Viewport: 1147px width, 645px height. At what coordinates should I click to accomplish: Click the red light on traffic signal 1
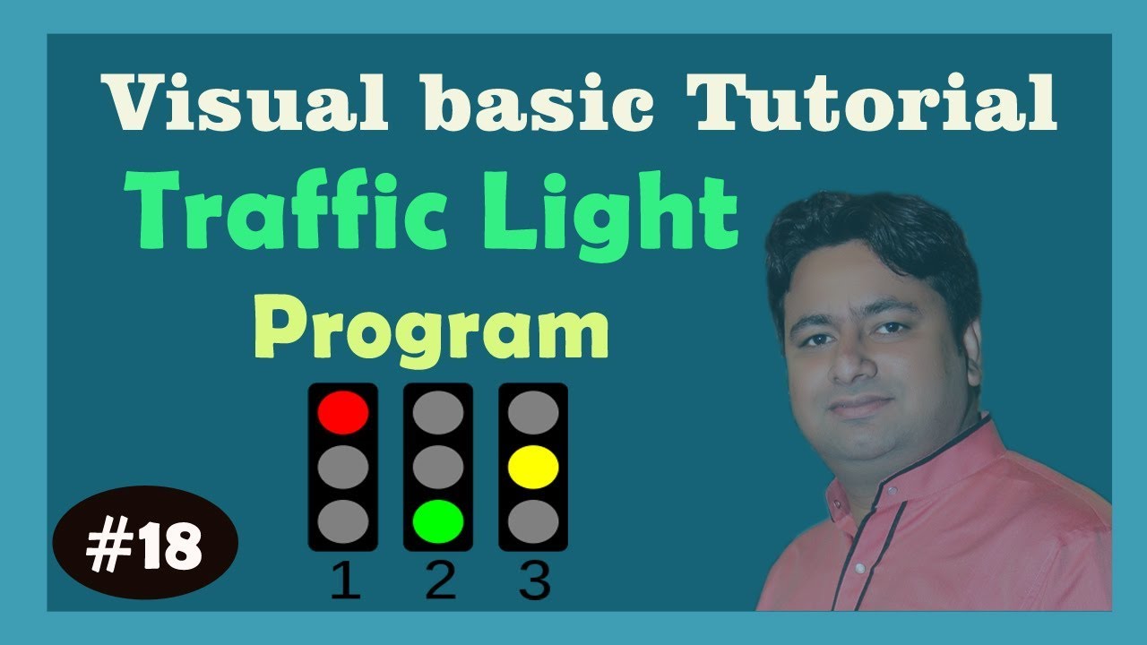tap(343, 412)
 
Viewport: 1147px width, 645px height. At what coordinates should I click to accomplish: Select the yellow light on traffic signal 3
tap(533, 467)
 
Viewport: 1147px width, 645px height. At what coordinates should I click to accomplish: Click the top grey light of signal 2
tap(438, 412)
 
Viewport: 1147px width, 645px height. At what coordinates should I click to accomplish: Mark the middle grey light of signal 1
tap(343, 467)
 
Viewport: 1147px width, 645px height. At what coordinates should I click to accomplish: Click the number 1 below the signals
tap(345, 583)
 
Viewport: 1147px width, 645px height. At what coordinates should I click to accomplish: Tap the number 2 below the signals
tap(439, 583)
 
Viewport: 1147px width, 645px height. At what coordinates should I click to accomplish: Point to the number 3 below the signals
tap(534, 583)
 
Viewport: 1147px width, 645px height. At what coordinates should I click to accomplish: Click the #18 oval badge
tap(145, 547)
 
